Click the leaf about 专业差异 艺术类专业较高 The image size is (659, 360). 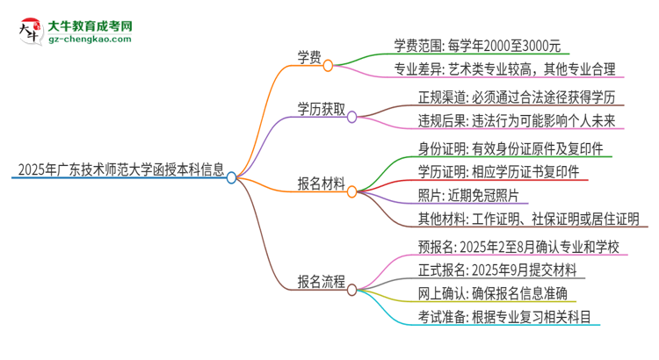[504, 68]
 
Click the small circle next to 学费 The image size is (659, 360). [328, 65]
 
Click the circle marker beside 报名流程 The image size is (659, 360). [351, 286]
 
